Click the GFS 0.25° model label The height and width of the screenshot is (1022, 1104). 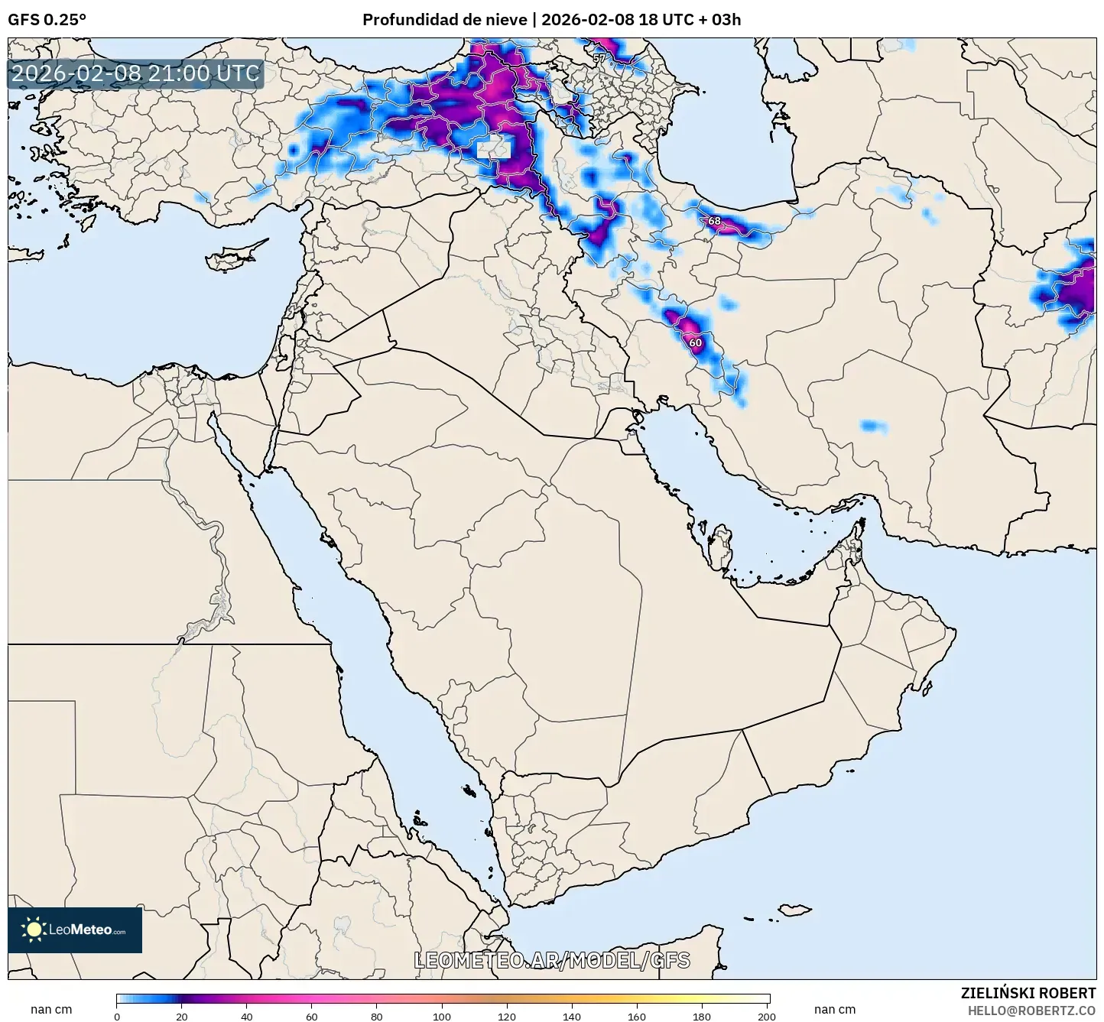click(x=47, y=20)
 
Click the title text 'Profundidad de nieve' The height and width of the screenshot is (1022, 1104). click(x=444, y=20)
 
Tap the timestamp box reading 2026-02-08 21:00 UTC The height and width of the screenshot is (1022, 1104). click(x=135, y=73)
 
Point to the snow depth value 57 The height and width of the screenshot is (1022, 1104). click(x=599, y=58)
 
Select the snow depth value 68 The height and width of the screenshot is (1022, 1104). click(x=714, y=221)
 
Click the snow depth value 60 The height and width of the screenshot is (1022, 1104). click(x=695, y=342)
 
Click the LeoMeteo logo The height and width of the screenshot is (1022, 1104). click(x=75, y=930)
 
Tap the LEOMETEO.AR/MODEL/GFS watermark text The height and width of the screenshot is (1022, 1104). click(x=551, y=960)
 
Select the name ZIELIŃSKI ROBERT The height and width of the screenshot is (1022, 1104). click(x=1028, y=993)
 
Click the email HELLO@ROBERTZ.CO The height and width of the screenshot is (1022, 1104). click(x=1031, y=1011)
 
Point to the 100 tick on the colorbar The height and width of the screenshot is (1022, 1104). click(x=442, y=1017)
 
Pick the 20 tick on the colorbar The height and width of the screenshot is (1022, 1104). click(x=182, y=1017)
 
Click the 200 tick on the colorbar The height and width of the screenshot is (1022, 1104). click(x=767, y=1017)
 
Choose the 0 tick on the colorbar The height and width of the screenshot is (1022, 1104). click(x=117, y=1017)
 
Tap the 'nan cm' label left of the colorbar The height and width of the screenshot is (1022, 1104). click(x=51, y=1010)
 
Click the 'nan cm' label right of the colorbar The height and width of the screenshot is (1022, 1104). click(x=834, y=1010)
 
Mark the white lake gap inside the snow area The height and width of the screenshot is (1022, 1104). click(x=493, y=148)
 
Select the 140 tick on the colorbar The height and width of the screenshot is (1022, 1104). click(x=572, y=1017)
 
